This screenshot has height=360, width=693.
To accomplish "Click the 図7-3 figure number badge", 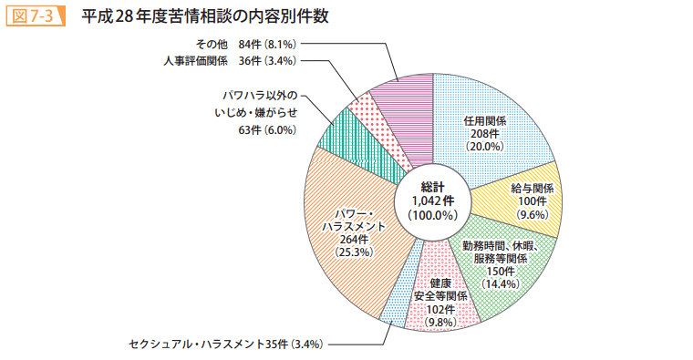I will [33, 16].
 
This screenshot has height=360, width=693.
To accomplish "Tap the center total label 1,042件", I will [432, 201].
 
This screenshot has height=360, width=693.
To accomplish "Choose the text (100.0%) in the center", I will [432, 215].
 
